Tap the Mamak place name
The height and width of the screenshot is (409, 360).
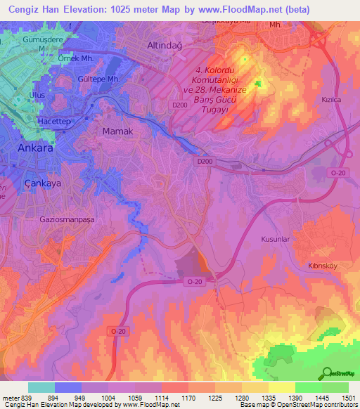(117, 131)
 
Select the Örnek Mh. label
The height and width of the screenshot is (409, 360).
(75, 58)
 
